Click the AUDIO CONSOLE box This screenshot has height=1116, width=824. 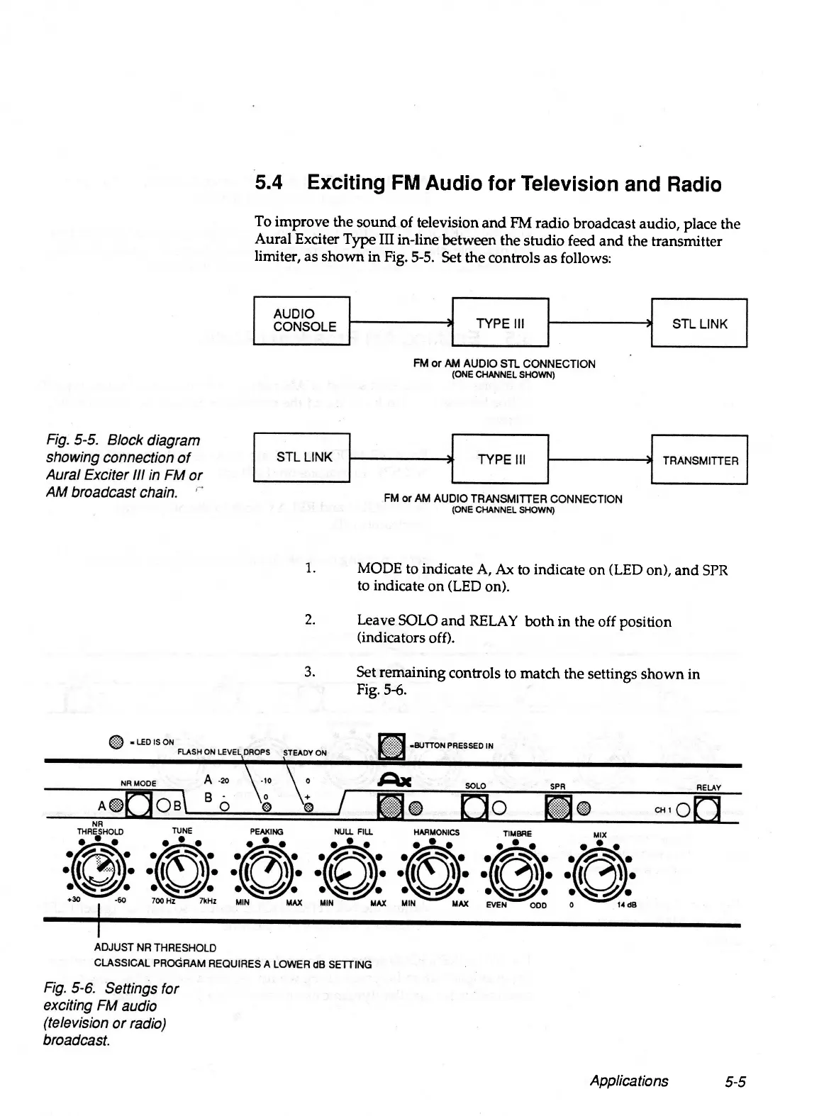[302, 320]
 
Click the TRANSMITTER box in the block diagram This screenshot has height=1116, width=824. [699, 459]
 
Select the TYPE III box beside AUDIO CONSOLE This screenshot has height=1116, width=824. [500, 323]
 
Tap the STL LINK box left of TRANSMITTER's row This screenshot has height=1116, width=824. [302, 457]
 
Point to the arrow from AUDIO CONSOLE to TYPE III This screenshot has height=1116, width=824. [401, 323]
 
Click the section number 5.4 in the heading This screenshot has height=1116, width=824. [269, 184]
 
